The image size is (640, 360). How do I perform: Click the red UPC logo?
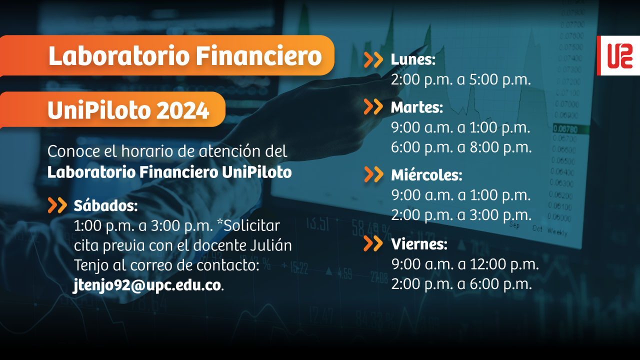618,55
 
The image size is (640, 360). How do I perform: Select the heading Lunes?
413,59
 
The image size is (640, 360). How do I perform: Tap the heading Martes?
417,107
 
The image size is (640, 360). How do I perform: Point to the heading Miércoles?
426,174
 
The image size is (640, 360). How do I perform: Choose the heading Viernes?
419,244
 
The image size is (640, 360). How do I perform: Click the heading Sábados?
105,205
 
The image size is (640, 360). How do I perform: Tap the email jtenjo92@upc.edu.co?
147,285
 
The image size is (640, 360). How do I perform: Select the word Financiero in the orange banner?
259,55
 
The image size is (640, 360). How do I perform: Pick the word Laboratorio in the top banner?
119,55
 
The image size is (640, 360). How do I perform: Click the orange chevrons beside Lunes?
373,60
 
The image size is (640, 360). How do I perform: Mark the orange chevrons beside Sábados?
57,205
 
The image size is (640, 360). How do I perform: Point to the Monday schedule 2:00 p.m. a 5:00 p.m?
461,79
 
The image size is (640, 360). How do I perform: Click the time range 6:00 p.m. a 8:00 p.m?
461,147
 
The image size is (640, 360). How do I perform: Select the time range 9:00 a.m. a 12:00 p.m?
465,264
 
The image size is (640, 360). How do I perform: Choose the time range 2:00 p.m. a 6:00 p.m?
461,284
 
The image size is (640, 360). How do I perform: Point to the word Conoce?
73,151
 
